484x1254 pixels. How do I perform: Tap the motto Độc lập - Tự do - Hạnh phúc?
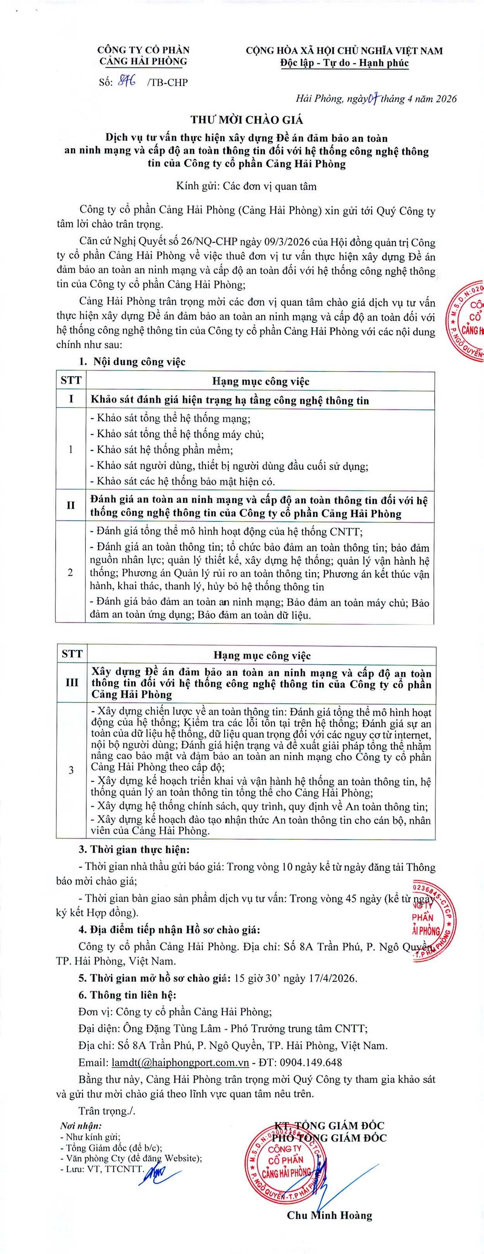[x=345, y=63]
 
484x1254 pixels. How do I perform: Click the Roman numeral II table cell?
[x=71, y=506]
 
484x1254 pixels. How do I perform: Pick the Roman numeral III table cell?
[x=72, y=682]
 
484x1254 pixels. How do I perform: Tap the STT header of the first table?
[x=71, y=380]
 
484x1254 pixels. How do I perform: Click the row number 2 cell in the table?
[x=71, y=572]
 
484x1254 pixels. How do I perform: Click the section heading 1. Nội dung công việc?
[x=132, y=361]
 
